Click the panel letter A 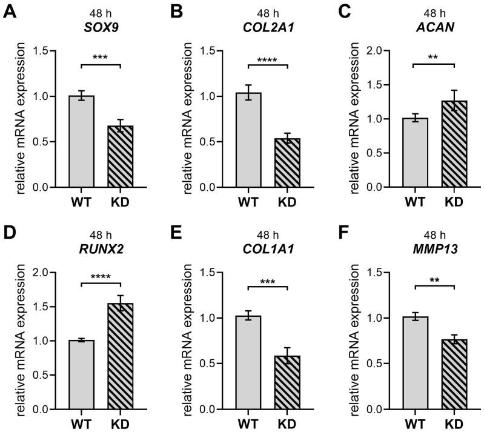(10, 12)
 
